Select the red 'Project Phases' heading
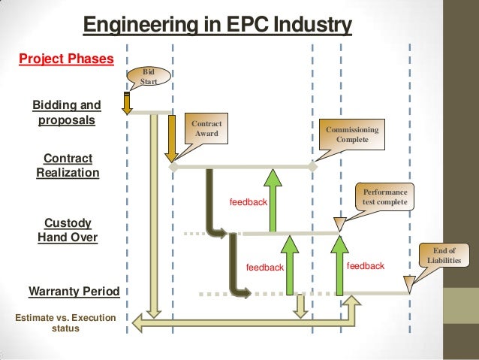(x=66, y=59)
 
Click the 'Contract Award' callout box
(x=206, y=129)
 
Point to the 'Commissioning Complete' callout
(x=352, y=135)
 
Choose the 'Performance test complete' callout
(x=384, y=197)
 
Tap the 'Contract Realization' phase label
(x=68, y=165)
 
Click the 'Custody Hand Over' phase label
(x=68, y=230)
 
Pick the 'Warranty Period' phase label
(x=68, y=290)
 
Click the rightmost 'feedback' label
(x=366, y=266)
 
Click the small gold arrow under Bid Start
(x=128, y=103)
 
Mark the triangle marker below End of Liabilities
(x=408, y=284)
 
